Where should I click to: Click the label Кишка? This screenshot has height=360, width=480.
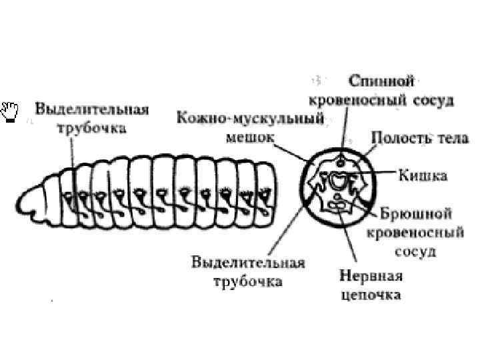coord(422,176)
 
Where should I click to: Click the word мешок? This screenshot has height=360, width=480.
coord(248,137)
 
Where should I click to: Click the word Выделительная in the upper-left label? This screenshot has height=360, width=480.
coord(91,109)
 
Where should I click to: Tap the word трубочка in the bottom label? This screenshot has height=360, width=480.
coord(248,281)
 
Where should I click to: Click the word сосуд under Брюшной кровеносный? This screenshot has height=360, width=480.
coord(416,251)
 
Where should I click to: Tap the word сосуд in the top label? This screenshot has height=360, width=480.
coord(433,101)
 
